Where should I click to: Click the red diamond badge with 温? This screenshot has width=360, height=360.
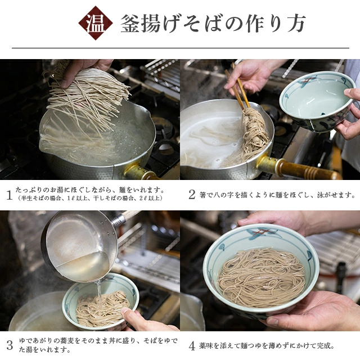[x=96, y=23]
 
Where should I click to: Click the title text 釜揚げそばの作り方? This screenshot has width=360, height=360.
[x=213, y=24]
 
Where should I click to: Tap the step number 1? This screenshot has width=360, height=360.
[x=9, y=195]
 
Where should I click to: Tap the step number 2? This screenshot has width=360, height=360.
[x=192, y=195]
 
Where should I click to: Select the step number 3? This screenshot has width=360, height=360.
[x=10, y=345]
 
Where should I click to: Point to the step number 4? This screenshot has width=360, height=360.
[x=192, y=346]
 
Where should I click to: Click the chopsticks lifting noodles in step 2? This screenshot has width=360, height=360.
[x=237, y=88]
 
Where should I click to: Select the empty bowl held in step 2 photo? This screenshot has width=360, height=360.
[x=317, y=101]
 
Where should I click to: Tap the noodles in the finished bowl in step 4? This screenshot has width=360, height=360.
[x=261, y=277]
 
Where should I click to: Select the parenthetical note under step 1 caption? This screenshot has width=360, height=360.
[x=90, y=199]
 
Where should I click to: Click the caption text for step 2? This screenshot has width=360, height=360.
[x=277, y=195]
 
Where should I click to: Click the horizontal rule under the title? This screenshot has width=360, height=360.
[x=181, y=48]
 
